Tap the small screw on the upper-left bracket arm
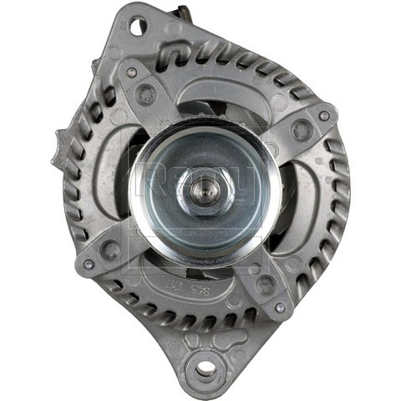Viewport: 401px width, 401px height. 132,73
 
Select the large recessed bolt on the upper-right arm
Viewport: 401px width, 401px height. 302,131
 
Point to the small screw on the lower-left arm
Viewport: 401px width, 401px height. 89,264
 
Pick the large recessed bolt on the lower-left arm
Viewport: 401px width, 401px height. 109,247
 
